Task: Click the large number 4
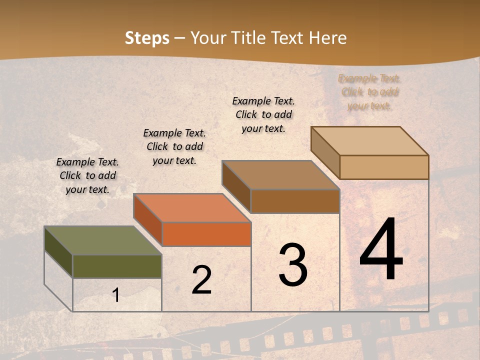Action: [381, 250]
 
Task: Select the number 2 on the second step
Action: [202, 280]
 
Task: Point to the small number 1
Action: [116, 295]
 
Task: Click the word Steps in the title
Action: [147, 38]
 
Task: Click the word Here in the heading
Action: [328, 38]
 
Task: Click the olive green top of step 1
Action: [102, 240]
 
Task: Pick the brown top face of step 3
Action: [280, 175]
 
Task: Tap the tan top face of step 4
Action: [369, 141]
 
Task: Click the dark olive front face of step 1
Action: [117, 266]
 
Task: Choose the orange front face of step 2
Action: [206, 234]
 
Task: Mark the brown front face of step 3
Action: [295, 201]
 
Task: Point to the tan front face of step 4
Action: [384, 167]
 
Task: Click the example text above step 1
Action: [87, 175]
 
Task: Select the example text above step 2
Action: [174, 146]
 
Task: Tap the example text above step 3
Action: [263, 114]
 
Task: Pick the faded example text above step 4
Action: [369, 92]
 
